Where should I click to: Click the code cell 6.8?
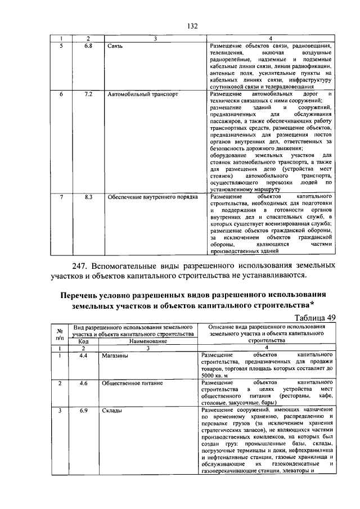[88, 45]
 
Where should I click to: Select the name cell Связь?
[115, 46]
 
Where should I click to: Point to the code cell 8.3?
[88, 197]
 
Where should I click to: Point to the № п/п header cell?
[59, 334]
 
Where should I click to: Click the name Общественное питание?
[132, 384]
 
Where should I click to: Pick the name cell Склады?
[112, 411]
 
